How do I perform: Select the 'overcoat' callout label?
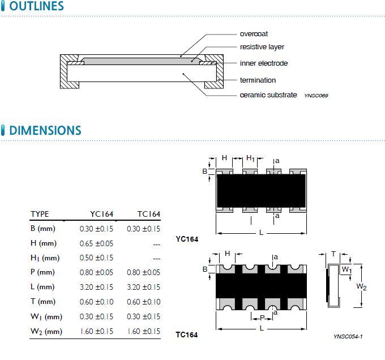[x=254, y=34]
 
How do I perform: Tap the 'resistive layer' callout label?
[x=262, y=47]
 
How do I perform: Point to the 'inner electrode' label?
[x=264, y=63]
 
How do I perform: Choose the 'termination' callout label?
[x=258, y=80]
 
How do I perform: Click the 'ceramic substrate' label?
[x=268, y=95]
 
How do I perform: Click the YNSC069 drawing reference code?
[x=316, y=96]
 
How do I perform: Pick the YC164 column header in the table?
[x=101, y=214]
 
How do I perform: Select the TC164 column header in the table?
[x=149, y=214]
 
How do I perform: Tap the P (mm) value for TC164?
[x=144, y=273]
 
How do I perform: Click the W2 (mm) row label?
[x=46, y=332]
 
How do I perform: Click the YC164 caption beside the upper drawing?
[x=187, y=239]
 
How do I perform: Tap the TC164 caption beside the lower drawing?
[x=187, y=335]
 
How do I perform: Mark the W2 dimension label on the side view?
[x=361, y=287]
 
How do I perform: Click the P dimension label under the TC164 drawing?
[x=262, y=318]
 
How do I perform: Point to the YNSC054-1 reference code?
[x=348, y=337]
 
